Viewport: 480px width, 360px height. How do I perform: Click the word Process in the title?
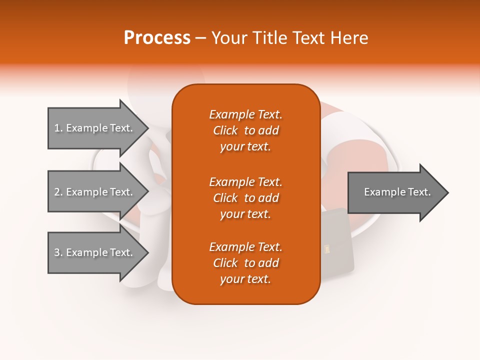point(157,38)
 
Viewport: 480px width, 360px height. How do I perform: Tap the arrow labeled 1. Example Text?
point(95,128)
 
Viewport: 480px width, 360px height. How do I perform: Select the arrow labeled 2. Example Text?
point(95,192)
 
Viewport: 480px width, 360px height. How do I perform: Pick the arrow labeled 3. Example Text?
point(95,252)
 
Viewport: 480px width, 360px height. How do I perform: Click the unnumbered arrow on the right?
point(395,192)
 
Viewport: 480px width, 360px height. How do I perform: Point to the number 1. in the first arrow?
point(58,128)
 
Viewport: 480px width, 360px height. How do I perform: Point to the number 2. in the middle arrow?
point(58,192)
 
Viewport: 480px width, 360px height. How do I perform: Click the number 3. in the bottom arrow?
point(58,252)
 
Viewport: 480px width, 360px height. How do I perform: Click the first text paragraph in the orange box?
point(245,130)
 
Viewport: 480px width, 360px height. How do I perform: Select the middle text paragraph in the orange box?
point(245,197)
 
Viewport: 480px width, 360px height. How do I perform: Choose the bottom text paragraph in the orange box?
point(245,263)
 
